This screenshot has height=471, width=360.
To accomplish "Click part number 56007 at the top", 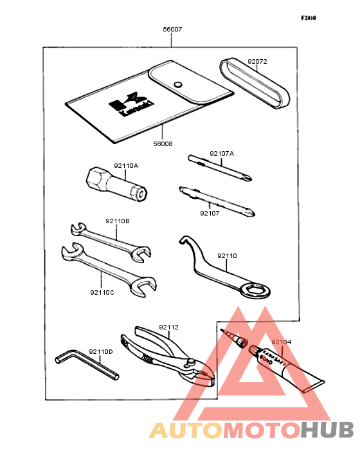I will [x=172, y=30].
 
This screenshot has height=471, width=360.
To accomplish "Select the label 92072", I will [x=257, y=62].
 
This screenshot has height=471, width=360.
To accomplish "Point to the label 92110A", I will [x=126, y=165].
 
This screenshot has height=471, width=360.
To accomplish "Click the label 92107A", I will [x=222, y=154].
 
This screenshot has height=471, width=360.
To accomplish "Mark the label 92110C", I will [x=102, y=292].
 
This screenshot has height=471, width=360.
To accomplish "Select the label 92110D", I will [x=100, y=351].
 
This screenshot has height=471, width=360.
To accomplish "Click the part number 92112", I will [x=168, y=328].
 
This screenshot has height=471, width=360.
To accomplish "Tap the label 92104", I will [x=281, y=342].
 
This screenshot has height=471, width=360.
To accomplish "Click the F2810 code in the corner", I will [x=309, y=18].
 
